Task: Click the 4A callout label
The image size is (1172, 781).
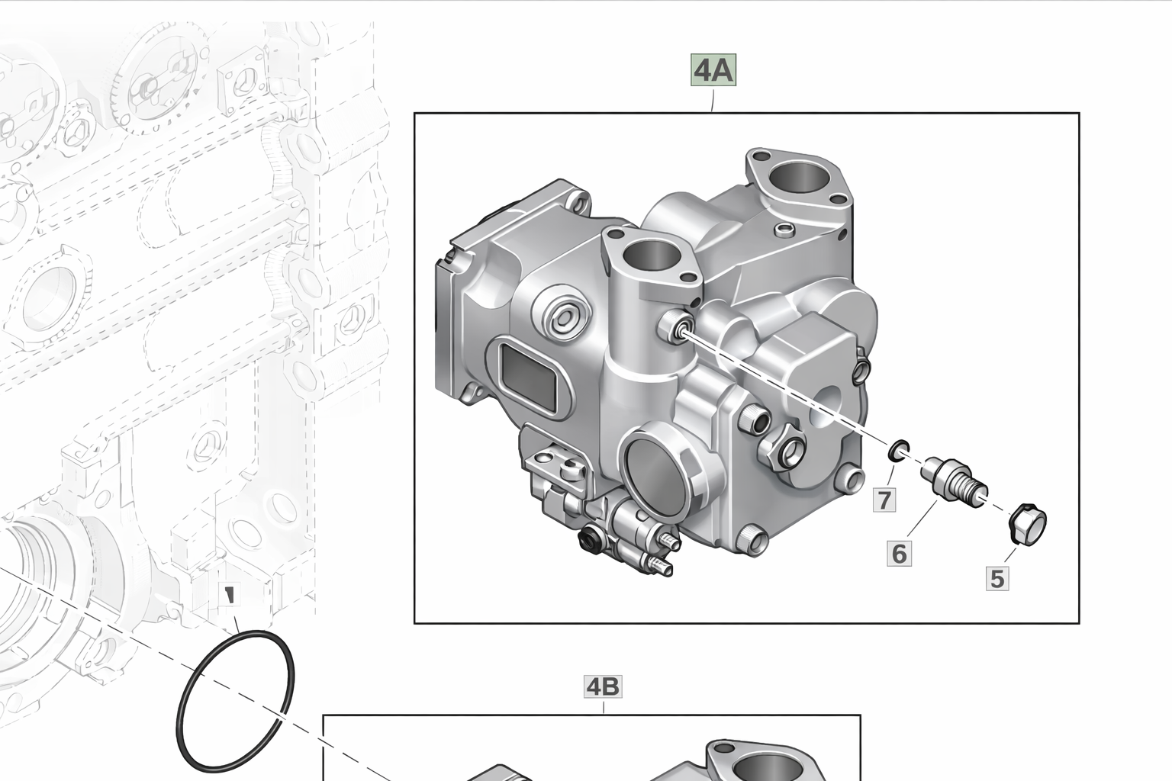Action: pyautogui.click(x=713, y=69)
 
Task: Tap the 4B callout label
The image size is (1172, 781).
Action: pyautogui.click(x=603, y=686)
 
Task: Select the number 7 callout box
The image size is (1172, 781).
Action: pyautogui.click(x=884, y=500)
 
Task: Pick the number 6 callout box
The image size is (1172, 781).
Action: pyautogui.click(x=899, y=554)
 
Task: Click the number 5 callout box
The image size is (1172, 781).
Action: pyautogui.click(x=997, y=579)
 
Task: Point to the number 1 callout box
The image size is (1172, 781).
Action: pyautogui.click(x=230, y=593)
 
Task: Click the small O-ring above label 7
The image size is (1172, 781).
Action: pyautogui.click(x=899, y=451)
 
